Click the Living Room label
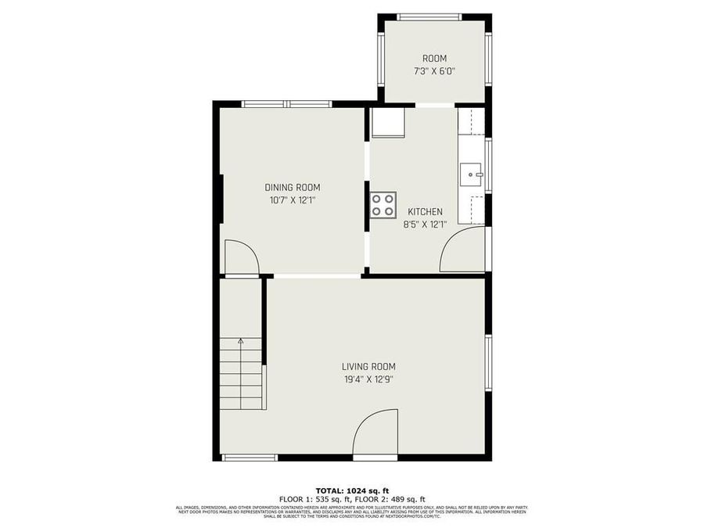click(368, 366)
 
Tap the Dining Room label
click(293, 187)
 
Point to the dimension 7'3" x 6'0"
click(434, 71)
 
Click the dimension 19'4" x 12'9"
click(368, 379)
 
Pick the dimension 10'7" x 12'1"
click(293, 200)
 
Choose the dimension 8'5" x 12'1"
click(424, 224)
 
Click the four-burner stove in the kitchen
click(383, 204)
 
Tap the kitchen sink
click(471, 174)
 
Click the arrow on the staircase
click(240, 341)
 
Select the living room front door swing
click(375, 434)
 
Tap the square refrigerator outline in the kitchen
click(387, 123)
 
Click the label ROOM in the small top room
click(434, 59)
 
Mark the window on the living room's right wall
click(487, 362)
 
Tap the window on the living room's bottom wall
click(250, 458)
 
